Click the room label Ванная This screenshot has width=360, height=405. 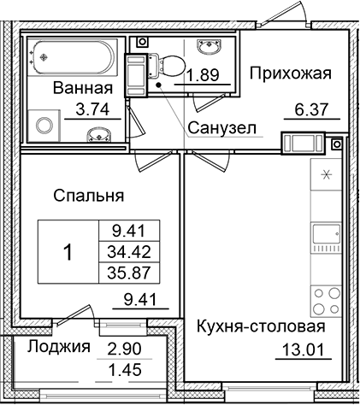[82, 88]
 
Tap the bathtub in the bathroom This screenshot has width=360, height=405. [73, 56]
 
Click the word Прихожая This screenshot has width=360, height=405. [290, 74]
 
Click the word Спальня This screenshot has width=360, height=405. [89, 196]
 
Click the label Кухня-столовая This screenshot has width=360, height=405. [261, 327]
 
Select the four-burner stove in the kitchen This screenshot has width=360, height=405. [324, 300]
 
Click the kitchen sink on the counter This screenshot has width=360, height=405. [324, 233]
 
